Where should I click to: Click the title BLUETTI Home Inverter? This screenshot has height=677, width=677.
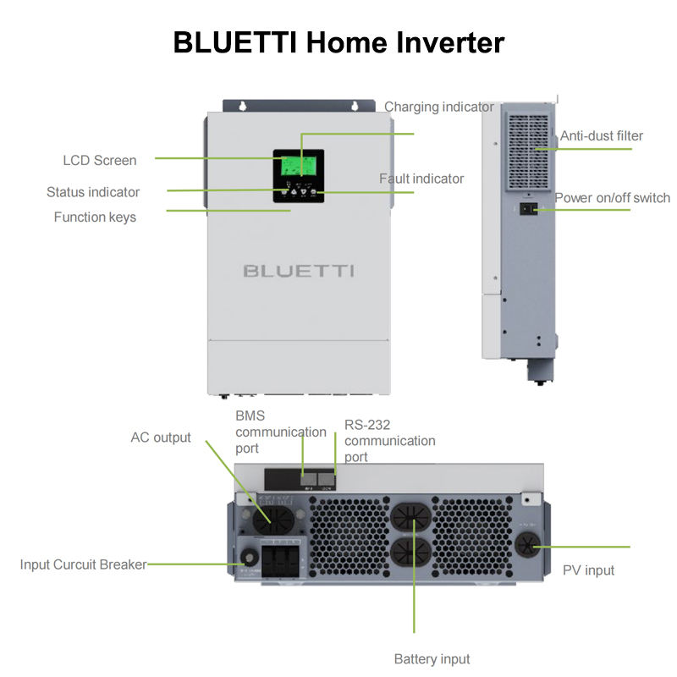click(x=338, y=42)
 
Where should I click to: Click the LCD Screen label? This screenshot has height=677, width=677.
click(x=100, y=160)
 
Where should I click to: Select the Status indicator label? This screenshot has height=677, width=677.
click(x=93, y=192)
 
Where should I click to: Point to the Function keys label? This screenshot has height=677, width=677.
click(x=95, y=217)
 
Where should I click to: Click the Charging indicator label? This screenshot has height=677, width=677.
click(x=438, y=107)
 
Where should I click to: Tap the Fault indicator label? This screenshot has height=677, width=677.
click(x=421, y=179)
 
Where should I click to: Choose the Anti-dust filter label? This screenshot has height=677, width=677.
click(x=602, y=135)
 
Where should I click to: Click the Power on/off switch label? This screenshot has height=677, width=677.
click(x=612, y=198)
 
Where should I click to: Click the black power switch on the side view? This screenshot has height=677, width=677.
click(x=526, y=208)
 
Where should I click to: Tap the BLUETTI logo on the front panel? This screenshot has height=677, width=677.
click(x=299, y=271)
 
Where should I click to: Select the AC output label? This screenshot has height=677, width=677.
click(x=161, y=438)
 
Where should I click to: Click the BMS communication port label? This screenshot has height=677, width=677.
click(x=280, y=432)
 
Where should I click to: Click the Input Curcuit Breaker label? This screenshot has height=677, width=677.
click(x=83, y=564)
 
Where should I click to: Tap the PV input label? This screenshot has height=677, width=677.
click(x=588, y=570)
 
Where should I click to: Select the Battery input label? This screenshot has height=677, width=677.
click(x=432, y=658)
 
